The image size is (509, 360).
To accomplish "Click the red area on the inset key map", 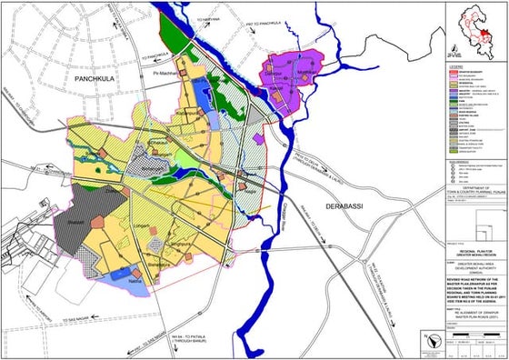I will pos(489,35).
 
